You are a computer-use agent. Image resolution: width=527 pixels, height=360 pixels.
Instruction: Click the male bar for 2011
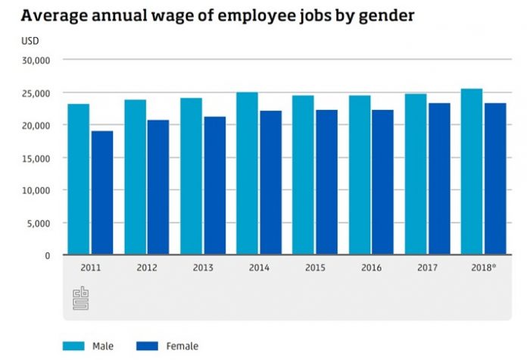pos(79,179)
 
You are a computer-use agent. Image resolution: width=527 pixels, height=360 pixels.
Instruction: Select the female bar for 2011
pos(102,193)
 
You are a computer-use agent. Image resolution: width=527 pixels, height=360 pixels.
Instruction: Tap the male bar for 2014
pos(247,174)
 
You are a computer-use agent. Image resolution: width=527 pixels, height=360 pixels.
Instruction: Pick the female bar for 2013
pos(215,186)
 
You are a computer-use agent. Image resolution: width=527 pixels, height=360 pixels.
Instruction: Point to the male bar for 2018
pos(472,171)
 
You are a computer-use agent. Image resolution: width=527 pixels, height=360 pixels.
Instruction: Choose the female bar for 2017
pos(439,179)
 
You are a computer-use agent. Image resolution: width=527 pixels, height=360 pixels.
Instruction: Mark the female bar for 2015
pos(326,182)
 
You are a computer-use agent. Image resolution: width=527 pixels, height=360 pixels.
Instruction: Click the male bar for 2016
pos(360,175)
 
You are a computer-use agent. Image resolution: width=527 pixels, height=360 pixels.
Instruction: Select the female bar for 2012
pos(158,187)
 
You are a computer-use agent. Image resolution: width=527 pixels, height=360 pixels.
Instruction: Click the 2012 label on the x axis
pos(147,268)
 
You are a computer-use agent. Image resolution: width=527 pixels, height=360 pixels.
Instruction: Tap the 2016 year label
pos(371,268)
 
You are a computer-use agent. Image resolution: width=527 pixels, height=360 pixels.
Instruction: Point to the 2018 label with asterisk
pos(484,268)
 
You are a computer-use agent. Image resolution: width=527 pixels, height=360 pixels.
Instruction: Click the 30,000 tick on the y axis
pos(36,61)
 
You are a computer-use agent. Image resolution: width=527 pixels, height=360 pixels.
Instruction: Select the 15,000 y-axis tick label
pos(36,158)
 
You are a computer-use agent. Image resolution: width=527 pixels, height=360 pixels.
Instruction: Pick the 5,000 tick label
pos(39,224)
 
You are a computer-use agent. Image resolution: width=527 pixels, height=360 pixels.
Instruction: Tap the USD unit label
pos(30,41)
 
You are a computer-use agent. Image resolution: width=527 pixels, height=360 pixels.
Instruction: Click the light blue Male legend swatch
pos(73,346)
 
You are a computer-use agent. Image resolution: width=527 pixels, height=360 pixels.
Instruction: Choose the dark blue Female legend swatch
pos(147,346)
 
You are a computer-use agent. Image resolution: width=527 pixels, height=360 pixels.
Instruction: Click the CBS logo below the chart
pos(81,298)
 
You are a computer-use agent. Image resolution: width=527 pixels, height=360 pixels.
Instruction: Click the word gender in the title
pos(386,16)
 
